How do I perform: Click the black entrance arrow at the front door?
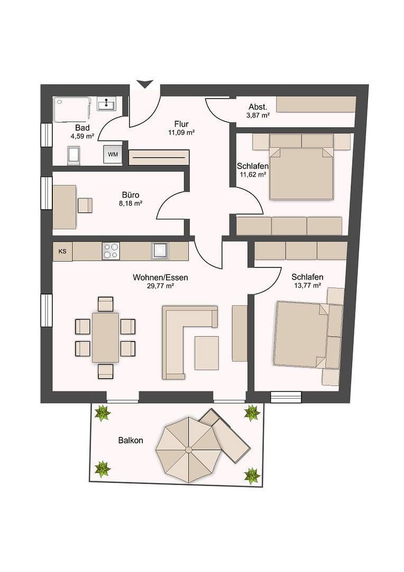click(x=145, y=84)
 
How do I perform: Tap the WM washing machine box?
click(x=113, y=154)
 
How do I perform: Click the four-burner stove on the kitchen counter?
click(x=111, y=251)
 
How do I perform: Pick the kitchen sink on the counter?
click(x=160, y=251)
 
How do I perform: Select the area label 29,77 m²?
click(x=161, y=286)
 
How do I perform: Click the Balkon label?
click(x=130, y=440)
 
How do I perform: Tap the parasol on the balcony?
click(x=189, y=450)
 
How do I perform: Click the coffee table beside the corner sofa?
click(x=206, y=353)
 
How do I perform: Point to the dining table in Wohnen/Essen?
click(x=105, y=337)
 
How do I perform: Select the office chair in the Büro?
click(x=85, y=205)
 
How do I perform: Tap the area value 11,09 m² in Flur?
click(x=181, y=133)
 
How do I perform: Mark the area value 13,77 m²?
click(x=307, y=285)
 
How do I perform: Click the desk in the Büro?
click(x=64, y=207)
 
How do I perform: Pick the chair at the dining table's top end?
click(x=106, y=304)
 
